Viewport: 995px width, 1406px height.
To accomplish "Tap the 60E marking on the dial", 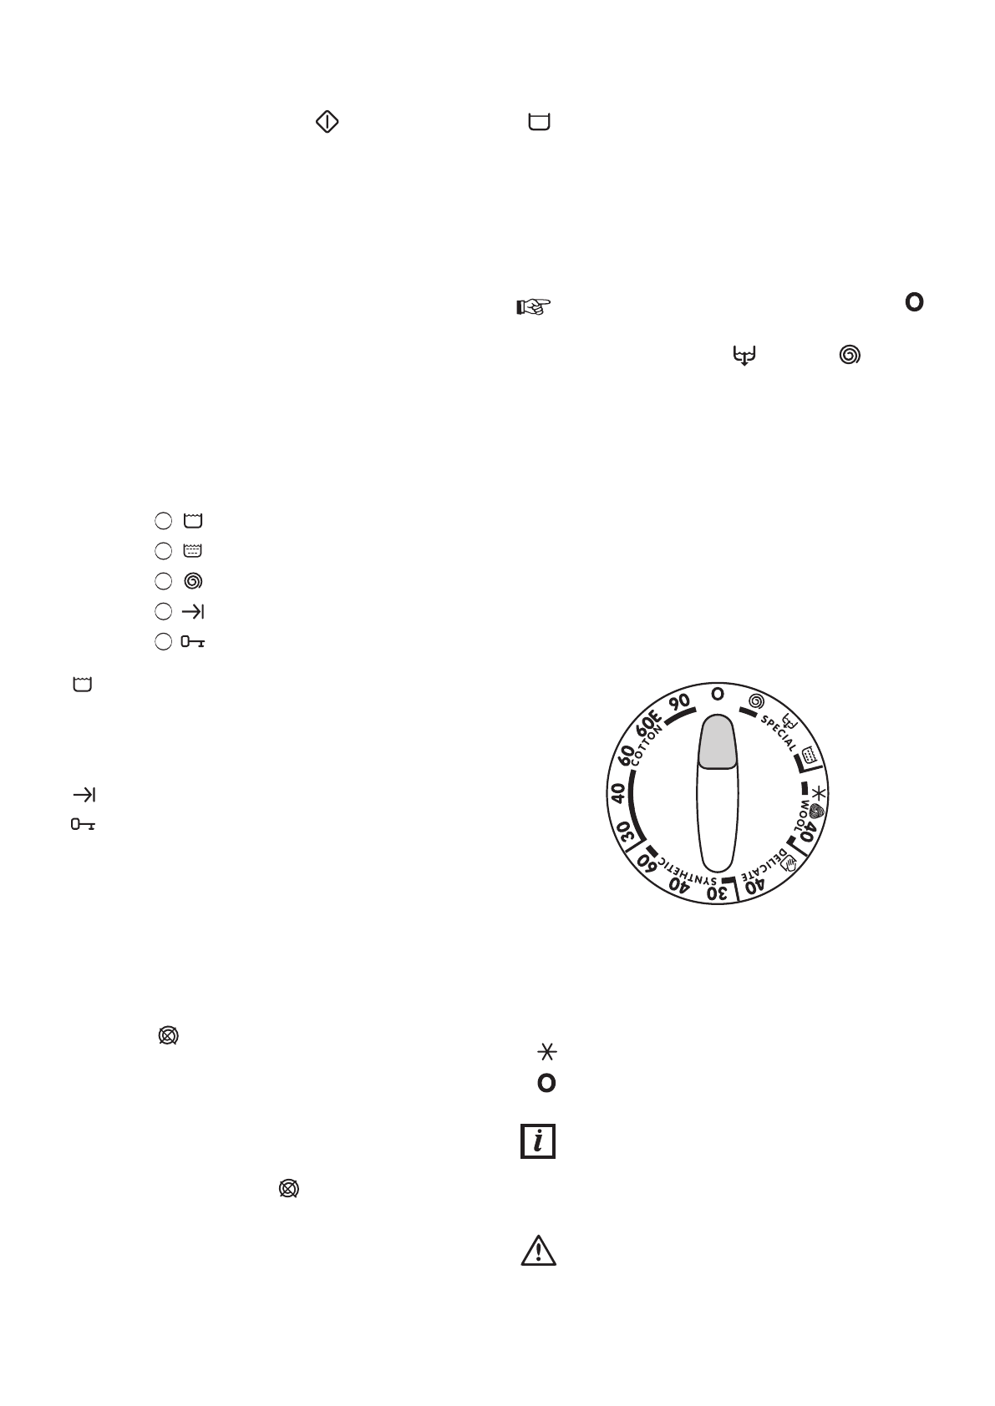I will click(x=647, y=721).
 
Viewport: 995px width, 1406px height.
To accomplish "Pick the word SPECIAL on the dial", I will click(x=779, y=733).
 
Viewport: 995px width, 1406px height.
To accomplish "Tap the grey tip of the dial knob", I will click(x=717, y=741).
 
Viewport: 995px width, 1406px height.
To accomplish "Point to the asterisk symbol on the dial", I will click(x=818, y=792).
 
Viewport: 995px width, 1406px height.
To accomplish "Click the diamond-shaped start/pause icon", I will click(x=327, y=122).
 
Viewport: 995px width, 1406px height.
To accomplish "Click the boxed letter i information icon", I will click(x=538, y=1140).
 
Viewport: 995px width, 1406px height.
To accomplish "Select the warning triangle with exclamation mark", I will click(x=538, y=1252).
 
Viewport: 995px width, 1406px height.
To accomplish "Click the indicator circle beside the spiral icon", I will click(x=163, y=581).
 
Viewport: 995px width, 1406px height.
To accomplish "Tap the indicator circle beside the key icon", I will click(x=163, y=642).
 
